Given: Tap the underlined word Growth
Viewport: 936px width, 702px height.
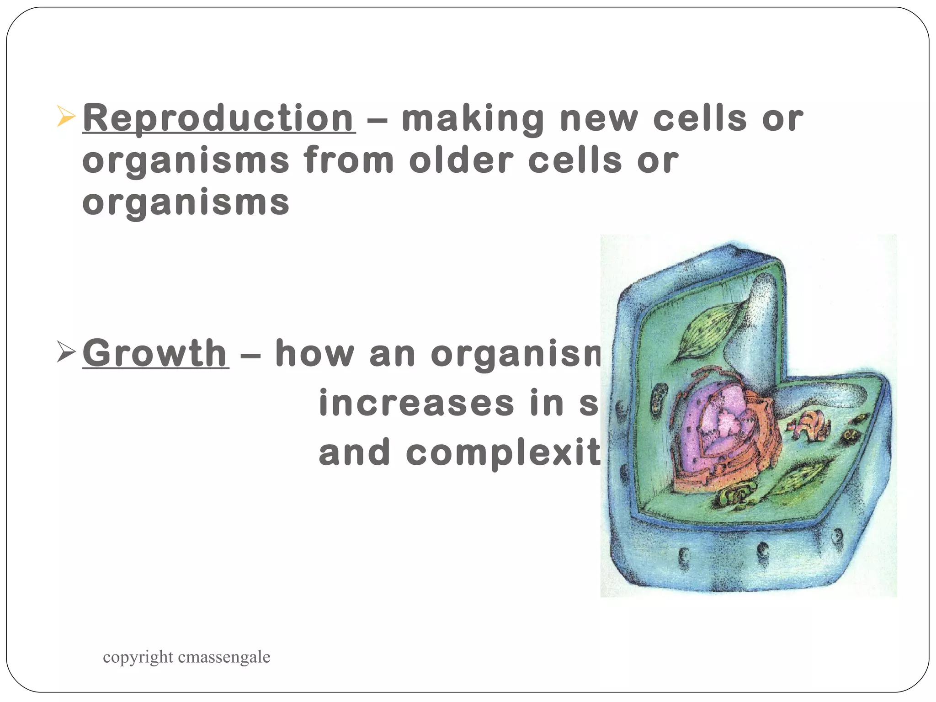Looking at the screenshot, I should click(155, 353).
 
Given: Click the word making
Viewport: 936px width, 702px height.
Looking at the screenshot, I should click(473, 119).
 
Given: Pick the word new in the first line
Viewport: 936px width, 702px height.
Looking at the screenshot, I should click(599, 119).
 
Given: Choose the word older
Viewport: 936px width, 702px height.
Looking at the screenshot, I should click(461, 160).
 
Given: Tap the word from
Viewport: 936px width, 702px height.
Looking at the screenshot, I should click(349, 160).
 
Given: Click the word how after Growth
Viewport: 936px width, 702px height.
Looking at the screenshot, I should click(314, 353).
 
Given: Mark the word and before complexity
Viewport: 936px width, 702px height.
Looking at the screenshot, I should click(355, 452).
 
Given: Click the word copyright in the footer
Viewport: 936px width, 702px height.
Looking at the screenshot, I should click(138, 657).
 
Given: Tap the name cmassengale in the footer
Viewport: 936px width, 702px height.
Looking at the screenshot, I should click(224, 657).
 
